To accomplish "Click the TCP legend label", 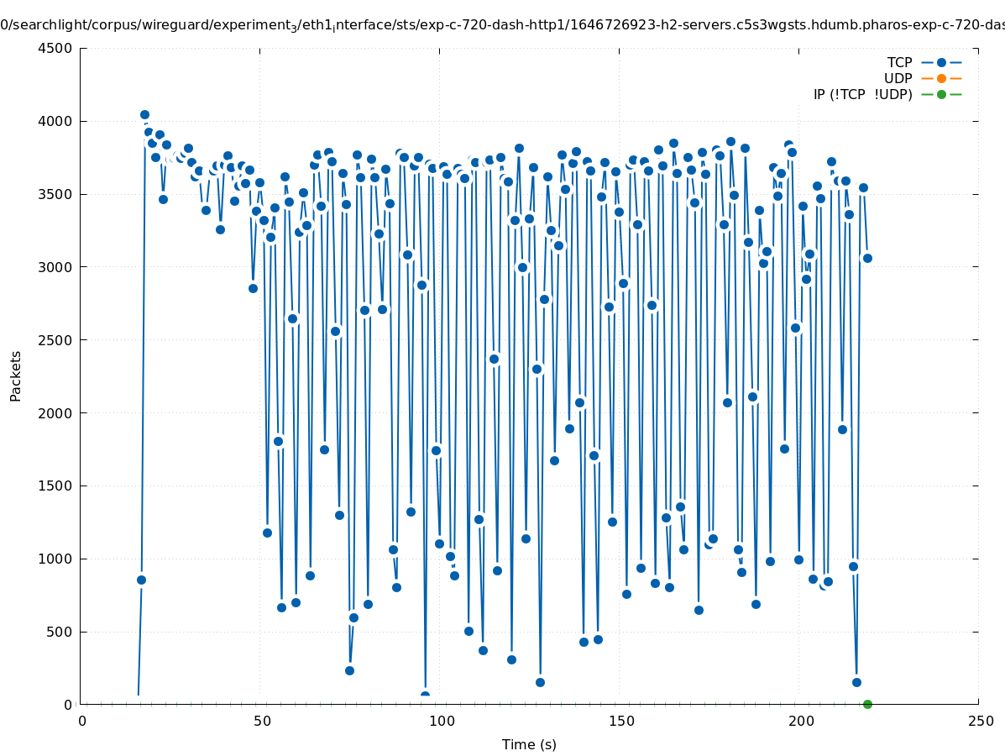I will click(x=899, y=62).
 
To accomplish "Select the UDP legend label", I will click(x=898, y=78).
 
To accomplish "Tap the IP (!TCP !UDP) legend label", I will click(x=862, y=94).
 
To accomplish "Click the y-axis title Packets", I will click(x=16, y=375).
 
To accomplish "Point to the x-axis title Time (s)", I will click(x=529, y=744).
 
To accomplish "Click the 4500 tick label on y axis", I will click(x=55, y=48).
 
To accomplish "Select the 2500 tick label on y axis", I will click(x=55, y=340).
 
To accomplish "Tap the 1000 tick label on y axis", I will click(x=55, y=559).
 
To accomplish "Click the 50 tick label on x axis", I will click(x=261, y=721).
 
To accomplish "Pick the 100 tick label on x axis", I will click(x=441, y=721).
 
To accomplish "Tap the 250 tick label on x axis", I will click(x=979, y=721).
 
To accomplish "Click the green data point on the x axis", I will click(x=867, y=704).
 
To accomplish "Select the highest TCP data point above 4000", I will click(x=144, y=114).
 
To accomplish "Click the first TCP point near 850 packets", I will click(x=141, y=580).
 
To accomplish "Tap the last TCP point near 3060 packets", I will click(x=867, y=258).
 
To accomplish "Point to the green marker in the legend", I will click(x=941, y=94).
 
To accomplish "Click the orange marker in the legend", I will click(x=941, y=78).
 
